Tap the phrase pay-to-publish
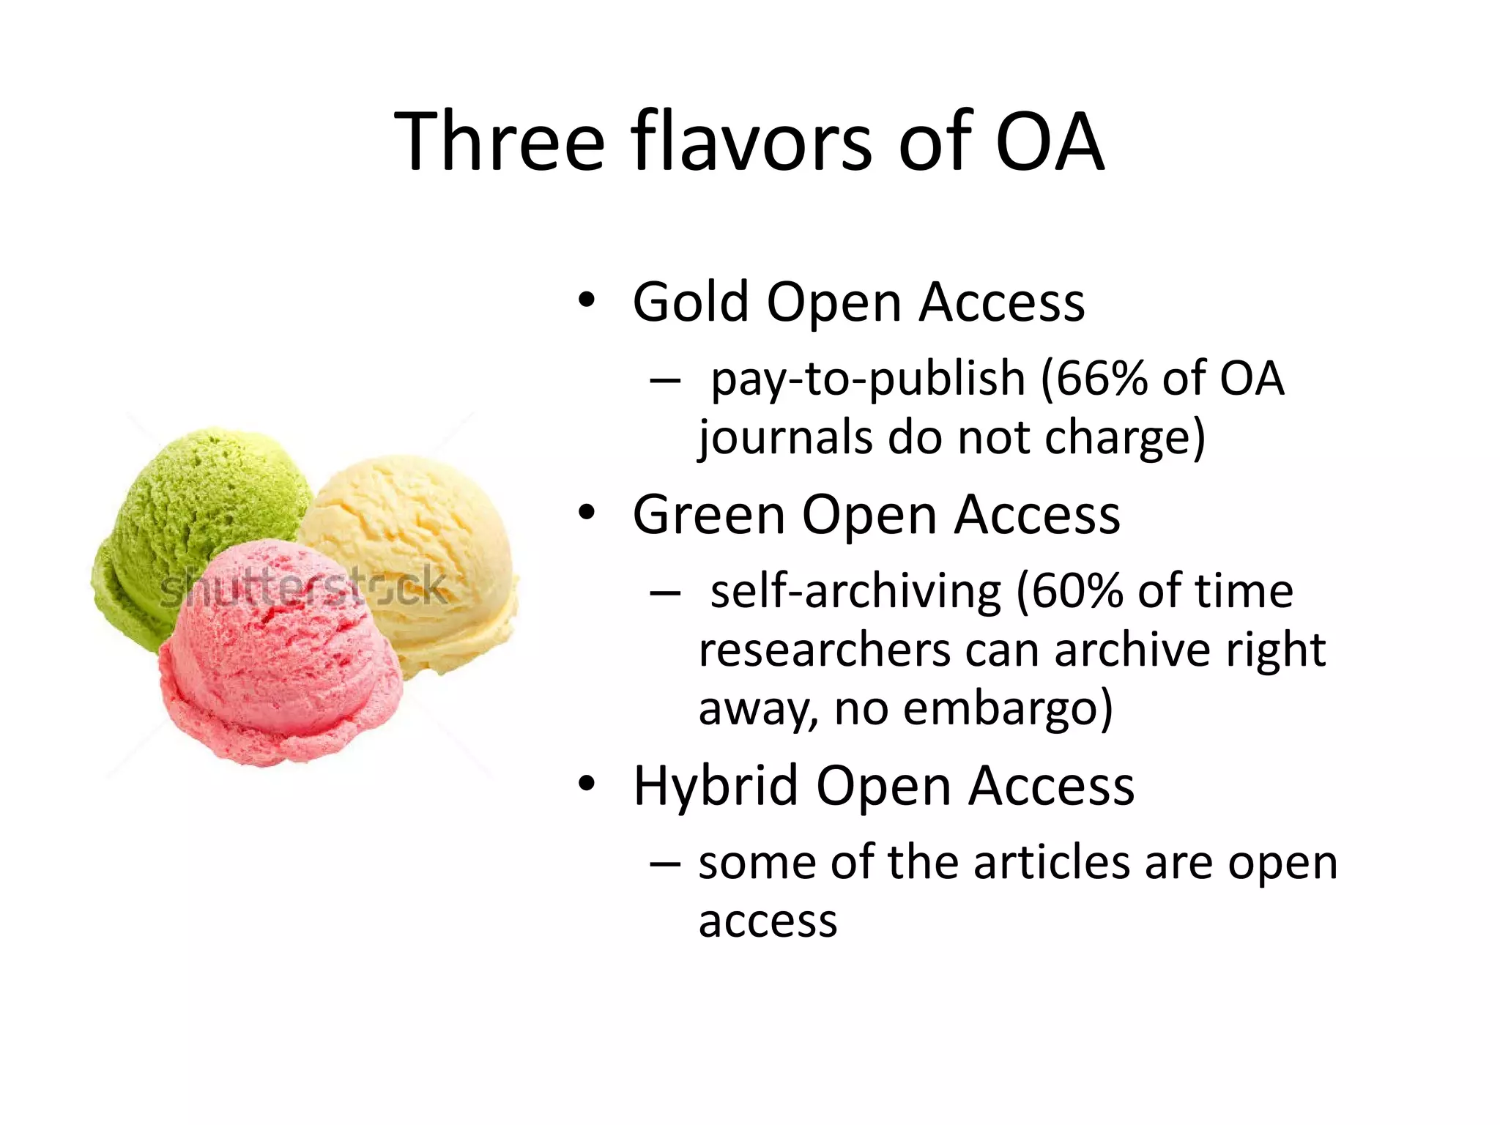(x=867, y=380)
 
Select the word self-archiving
(x=854, y=591)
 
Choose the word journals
(x=784, y=438)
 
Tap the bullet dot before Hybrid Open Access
(x=587, y=784)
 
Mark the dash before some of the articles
(x=664, y=864)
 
